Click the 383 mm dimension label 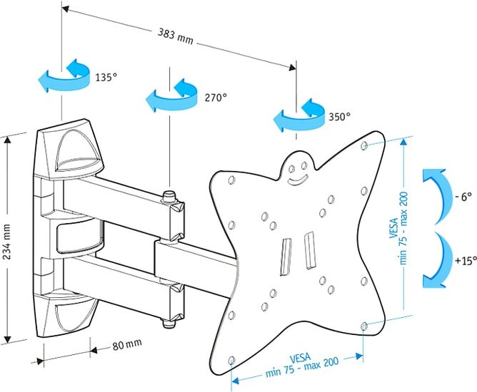tap(175, 36)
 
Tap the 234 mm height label tap(7, 242)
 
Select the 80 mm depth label tap(127, 344)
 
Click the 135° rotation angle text tap(106, 77)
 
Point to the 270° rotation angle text tap(216, 98)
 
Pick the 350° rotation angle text tap(339, 116)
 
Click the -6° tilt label tap(463, 197)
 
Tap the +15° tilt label tap(466, 261)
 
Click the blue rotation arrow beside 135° tap(64, 76)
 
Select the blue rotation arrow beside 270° tap(171, 96)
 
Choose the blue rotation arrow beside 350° tap(298, 115)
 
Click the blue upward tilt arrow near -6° tap(438, 197)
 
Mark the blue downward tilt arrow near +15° tap(438, 260)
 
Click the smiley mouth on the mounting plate tap(298, 181)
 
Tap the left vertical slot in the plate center tap(286, 257)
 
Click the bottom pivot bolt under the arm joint tap(168, 323)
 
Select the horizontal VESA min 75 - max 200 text tap(301, 364)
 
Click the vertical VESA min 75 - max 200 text tap(399, 228)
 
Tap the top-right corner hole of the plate tap(364, 145)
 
